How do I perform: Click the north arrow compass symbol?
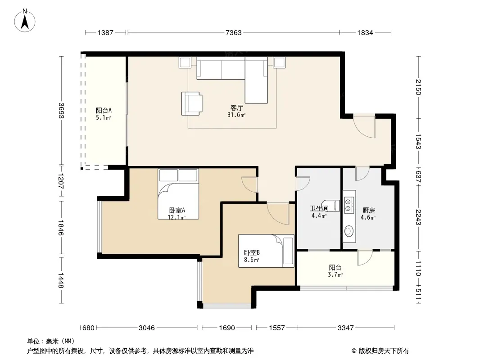click(25, 21)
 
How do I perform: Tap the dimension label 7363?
click(234, 33)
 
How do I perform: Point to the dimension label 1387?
click(105, 33)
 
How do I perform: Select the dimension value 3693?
click(61, 110)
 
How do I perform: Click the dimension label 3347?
click(346, 328)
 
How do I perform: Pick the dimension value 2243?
click(418, 217)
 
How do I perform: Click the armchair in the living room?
click(192, 103)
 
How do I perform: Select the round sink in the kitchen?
click(349, 231)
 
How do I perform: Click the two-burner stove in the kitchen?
click(348, 205)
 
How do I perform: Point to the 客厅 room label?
click(237, 108)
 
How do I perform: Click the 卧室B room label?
click(252, 252)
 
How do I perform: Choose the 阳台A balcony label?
click(104, 110)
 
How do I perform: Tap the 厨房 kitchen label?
click(369, 211)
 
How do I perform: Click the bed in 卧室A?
click(178, 193)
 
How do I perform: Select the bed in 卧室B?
click(266, 251)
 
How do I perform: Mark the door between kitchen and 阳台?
click(365, 257)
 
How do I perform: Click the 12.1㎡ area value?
click(177, 217)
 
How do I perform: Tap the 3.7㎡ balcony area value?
click(335, 274)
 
